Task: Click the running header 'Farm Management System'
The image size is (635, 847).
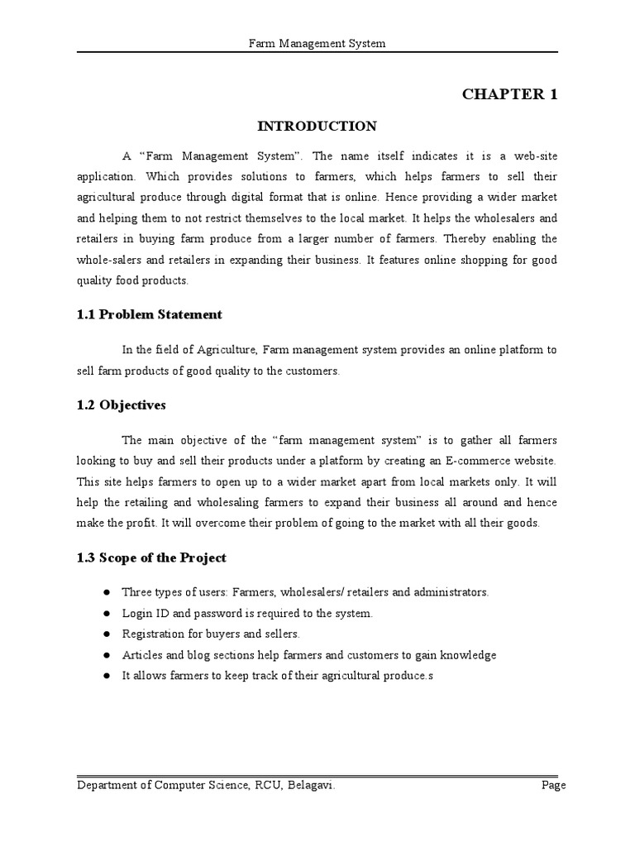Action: click(317, 42)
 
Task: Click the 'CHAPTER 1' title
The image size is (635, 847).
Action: click(509, 94)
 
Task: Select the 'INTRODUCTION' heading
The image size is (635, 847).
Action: click(317, 127)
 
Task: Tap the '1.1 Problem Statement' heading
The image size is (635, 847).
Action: click(150, 314)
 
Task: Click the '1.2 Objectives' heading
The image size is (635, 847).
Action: click(122, 405)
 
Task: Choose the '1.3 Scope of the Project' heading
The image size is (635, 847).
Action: click(151, 557)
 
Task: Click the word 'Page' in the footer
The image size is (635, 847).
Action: click(553, 786)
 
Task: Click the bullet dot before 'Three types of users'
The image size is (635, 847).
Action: click(107, 593)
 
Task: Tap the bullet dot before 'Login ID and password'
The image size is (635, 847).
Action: click(107, 614)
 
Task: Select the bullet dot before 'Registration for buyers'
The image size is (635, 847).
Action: click(107, 634)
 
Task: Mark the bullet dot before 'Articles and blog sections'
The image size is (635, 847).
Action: click(107, 655)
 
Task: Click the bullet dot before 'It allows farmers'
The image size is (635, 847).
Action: click(107, 676)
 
